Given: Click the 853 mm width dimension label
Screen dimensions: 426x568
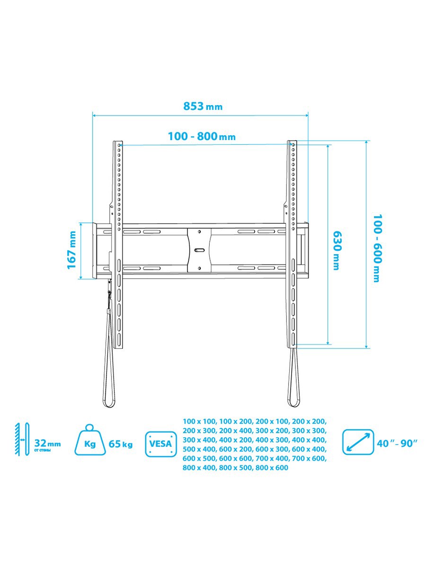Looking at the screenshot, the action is click(x=203, y=106).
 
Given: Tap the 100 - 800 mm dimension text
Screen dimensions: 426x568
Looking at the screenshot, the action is click(x=202, y=136).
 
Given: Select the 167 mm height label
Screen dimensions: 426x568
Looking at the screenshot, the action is click(x=71, y=250).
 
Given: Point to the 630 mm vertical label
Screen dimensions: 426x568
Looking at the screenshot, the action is click(x=336, y=250).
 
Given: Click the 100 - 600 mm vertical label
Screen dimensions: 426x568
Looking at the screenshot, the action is click(x=377, y=248).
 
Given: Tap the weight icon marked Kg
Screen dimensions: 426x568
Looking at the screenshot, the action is click(x=90, y=443).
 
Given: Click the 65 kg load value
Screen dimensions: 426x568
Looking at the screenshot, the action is click(x=121, y=444).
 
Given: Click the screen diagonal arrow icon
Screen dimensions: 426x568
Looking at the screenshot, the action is click(x=358, y=442).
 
